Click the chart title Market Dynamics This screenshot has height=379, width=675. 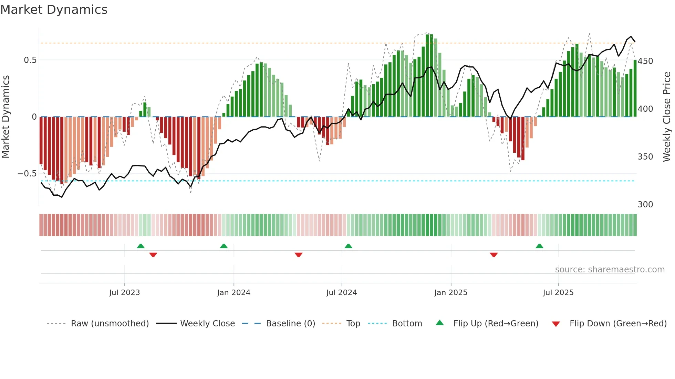[x=54, y=10]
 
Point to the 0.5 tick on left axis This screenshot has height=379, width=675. [x=30, y=60]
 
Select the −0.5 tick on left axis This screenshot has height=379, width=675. [x=27, y=174]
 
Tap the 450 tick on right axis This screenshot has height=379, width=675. [x=645, y=61]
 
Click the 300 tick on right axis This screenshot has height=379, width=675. [x=645, y=205]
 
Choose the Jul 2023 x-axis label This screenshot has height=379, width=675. [x=124, y=293]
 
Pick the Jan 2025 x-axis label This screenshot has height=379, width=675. [x=450, y=293]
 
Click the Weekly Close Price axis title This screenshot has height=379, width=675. [x=667, y=117]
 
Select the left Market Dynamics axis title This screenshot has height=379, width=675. [x=6, y=117]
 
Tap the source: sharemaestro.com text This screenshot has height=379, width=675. [x=610, y=270]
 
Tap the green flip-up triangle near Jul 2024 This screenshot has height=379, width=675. [x=348, y=246]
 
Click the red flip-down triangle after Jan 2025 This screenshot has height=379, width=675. [x=494, y=255]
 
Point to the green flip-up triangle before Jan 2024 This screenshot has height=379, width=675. [x=224, y=246]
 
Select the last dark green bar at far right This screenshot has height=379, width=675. [x=635, y=89]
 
